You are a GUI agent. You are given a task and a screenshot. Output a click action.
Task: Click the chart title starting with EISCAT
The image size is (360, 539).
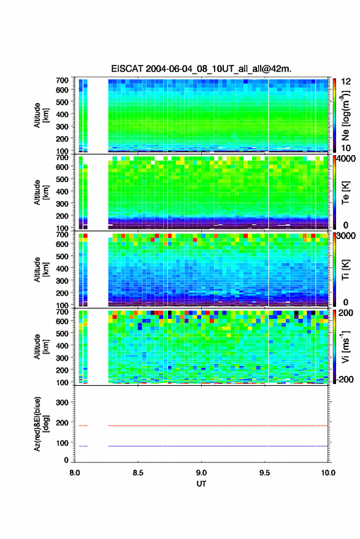pyautogui.click(x=201, y=69)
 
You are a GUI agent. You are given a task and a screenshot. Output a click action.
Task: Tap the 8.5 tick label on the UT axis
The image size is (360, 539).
pyautogui.click(x=138, y=473)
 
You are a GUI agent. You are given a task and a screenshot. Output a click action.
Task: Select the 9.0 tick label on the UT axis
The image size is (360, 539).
pyautogui.click(x=201, y=473)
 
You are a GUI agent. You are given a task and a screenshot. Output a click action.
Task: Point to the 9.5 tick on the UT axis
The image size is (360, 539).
pyautogui.click(x=264, y=473)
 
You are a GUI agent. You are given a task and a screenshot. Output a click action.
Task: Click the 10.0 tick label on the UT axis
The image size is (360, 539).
pyautogui.click(x=327, y=473)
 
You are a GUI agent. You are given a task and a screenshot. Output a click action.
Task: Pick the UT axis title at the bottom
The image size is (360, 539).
pyautogui.click(x=201, y=484)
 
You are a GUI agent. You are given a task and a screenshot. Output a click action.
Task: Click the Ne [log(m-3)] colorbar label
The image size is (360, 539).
pyautogui.click(x=345, y=115)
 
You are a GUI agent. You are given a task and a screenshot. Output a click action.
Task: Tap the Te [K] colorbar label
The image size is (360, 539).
pyautogui.click(x=345, y=193)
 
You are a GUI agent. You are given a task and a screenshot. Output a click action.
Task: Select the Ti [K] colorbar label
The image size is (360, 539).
pyautogui.click(x=345, y=270)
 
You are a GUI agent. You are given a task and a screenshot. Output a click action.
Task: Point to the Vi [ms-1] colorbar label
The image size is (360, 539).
pyautogui.click(x=345, y=346)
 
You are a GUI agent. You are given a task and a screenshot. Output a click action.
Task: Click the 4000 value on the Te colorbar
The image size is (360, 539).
pyautogui.click(x=346, y=159)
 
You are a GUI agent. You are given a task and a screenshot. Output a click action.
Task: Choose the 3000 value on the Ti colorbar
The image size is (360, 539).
pyautogui.click(x=346, y=236)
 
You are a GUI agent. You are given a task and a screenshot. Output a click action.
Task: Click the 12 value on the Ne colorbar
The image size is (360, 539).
pyautogui.click(x=346, y=82)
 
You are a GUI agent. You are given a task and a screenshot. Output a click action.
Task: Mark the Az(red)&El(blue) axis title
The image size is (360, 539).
pyautogui.click(x=41, y=424)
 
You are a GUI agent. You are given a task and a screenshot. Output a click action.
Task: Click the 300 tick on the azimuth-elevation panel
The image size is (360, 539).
pyautogui.click(x=62, y=402)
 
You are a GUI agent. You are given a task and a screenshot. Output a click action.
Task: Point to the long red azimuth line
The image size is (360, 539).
pyautogui.click(x=218, y=426)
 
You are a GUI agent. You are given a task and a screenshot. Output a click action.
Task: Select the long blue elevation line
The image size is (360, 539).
pyautogui.click(x=218, y=446)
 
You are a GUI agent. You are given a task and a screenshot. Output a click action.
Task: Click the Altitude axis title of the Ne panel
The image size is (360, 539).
pyautogui.click(x=41, y=115)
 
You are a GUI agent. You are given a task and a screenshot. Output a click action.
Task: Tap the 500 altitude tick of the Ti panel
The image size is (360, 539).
pyautogui.click(x=62, y=256)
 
